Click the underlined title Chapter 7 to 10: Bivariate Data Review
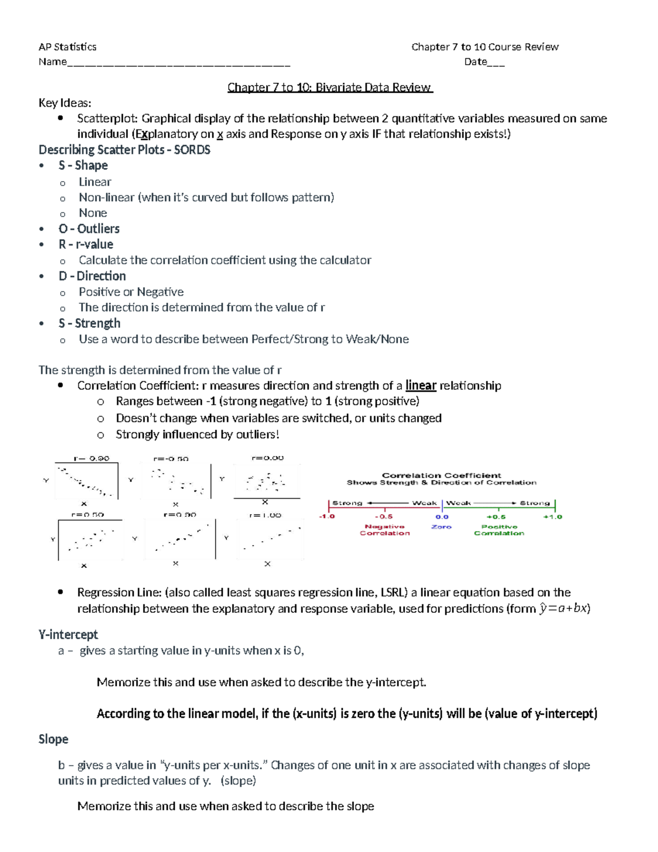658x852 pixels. coord(330,87)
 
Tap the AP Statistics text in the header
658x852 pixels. coord(67,47)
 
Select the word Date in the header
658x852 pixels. coord(475,61)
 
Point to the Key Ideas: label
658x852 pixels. coord(65,103)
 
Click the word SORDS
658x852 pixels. coord(192,150)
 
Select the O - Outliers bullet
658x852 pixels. coord(89,229)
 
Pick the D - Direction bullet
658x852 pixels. coord(92,276)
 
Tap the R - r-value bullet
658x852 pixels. coord(86,244)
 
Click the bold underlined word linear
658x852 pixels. coord(421,386)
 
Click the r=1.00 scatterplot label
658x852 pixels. coord(265,515)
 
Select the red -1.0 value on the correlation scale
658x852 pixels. coord(327,517)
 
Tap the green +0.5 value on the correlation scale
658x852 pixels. coord(496,517)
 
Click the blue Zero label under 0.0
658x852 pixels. coord(441,527)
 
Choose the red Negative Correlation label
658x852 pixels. coord(384,530)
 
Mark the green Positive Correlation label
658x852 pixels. coord(499,530)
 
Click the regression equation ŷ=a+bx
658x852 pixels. coord(563,608)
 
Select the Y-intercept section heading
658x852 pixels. coord(68,635)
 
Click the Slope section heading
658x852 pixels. coord(53,739)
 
